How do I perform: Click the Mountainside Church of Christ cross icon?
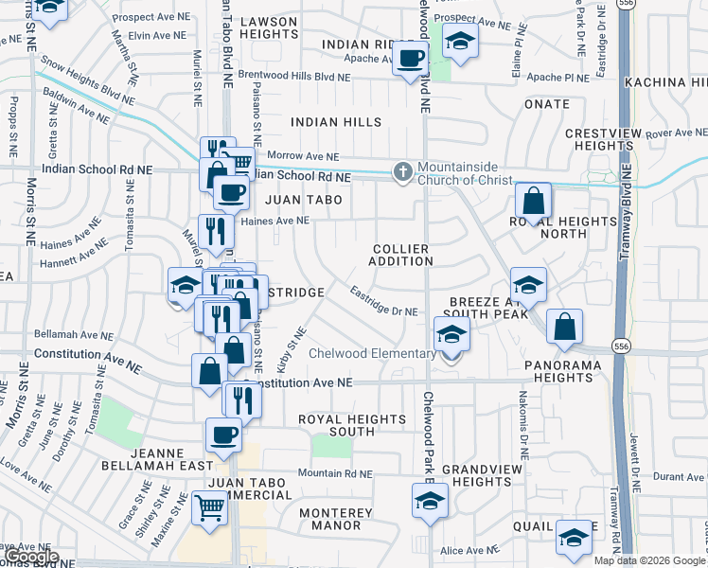(403, 171)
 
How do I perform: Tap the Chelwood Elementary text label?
(372, 354)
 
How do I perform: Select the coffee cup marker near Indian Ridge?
(410, 59)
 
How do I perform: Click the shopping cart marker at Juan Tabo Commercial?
(210, 507)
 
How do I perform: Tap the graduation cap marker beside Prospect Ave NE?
(460, 41)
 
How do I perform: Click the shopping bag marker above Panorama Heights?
(564, 327)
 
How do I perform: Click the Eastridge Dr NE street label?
(383, 302)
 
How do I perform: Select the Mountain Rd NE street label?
(335, 473)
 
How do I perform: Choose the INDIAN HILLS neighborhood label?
(336, 122)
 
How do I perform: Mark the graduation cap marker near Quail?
(573, 537)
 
